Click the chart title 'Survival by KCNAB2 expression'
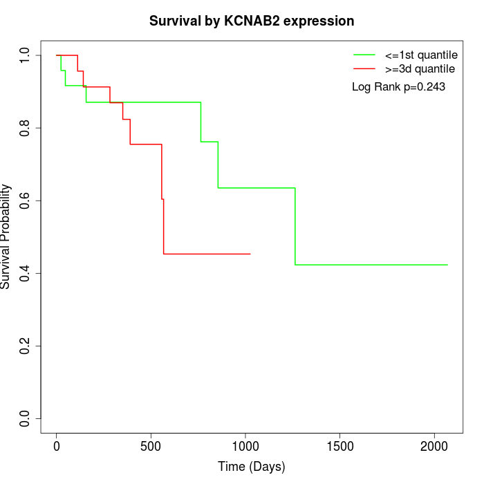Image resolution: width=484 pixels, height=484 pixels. (252, 21)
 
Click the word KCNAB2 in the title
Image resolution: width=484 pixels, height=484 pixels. (256, 21)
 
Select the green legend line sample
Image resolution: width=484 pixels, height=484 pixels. (364, 54)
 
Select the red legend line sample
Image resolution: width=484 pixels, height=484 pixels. (364, 68)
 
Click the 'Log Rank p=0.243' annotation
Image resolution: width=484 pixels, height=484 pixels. (398, 87)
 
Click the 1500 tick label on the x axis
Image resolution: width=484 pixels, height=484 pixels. (339, 446)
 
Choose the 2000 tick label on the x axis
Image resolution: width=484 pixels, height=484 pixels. (434, 446)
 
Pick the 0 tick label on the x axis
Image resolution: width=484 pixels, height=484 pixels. (57, 446)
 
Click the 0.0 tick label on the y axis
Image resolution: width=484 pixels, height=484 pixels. (25, 418)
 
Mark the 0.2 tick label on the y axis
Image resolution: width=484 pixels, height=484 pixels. (25, 346)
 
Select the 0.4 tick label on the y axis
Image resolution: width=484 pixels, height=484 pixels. (25, 273)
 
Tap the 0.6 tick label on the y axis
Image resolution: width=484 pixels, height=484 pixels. (25, 201)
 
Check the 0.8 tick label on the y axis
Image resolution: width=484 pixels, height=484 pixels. (25, 128)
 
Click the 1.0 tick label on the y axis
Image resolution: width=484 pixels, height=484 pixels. (25, 55)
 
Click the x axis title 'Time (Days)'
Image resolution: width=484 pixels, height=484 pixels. (252, 467)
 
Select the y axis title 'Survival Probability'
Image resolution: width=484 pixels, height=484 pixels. (6, 236)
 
